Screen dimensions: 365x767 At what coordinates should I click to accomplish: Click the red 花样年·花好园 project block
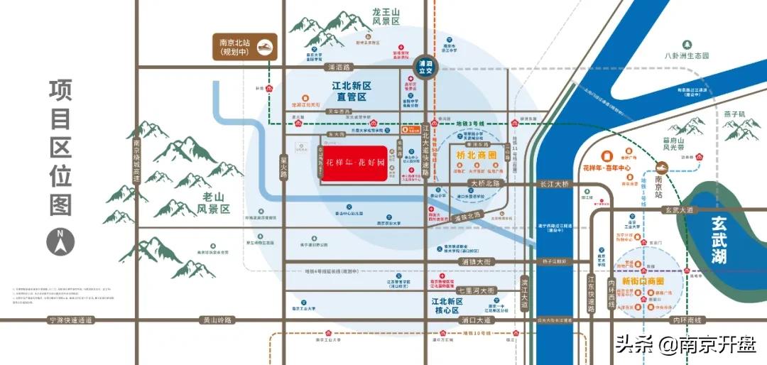click(x=354, y=164)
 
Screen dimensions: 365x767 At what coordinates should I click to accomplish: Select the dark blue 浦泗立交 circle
click(x=426, y=67)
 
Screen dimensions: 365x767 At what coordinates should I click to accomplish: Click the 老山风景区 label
click(x=214, y=203)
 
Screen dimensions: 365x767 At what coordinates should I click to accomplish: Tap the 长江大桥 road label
click(x=554, y=184)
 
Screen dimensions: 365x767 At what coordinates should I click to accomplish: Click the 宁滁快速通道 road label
click(x=70, y=320)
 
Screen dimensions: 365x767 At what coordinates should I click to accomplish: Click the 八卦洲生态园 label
click(x=687, y=55)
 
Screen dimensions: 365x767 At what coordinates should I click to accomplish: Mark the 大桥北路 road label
click(x=485, y=183)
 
